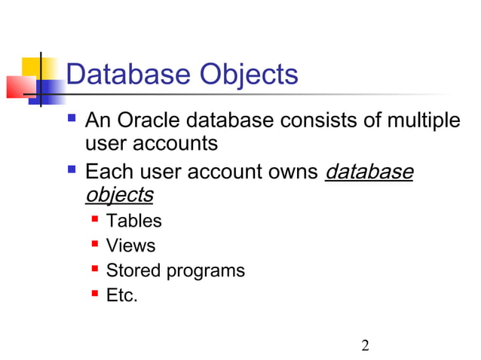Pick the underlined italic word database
tap(369, 172)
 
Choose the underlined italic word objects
tap(119, 194)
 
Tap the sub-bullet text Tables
tap(133, 221)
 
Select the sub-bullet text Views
tap(130, 246)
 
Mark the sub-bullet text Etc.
tap(121, 295)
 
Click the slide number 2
tap(366, 346)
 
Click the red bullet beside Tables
tap(95, 219)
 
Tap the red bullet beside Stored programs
tap(95, 269)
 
